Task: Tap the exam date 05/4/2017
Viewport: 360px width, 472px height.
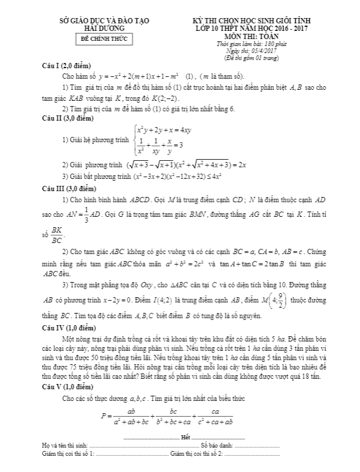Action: [x=258, y=51]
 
